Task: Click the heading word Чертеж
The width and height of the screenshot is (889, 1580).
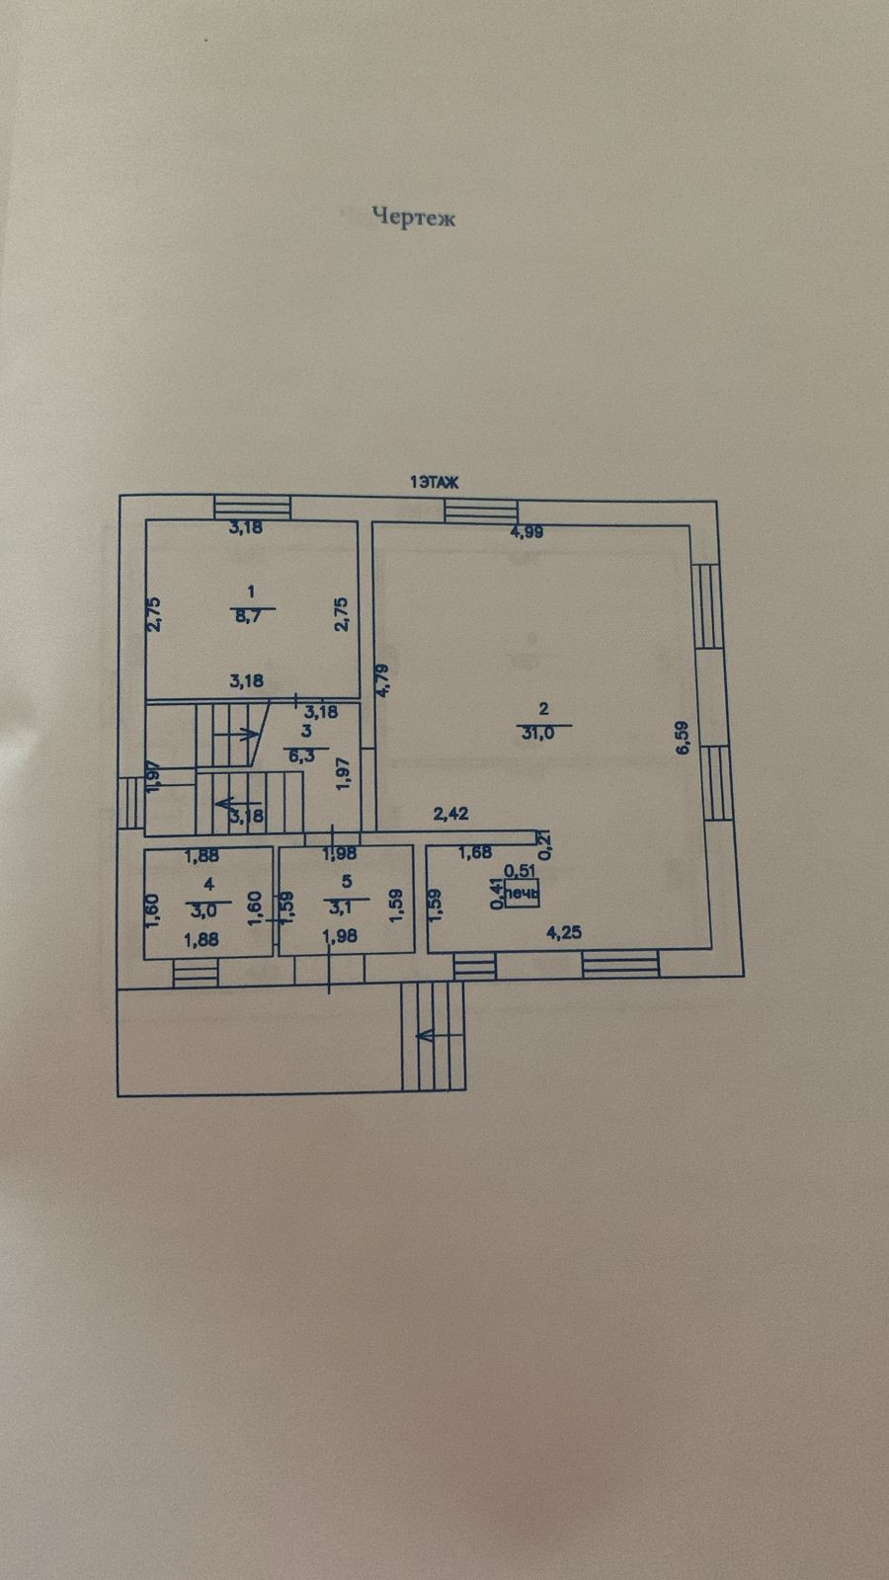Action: [x=414, y=217]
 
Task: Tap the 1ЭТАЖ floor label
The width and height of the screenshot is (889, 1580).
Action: [x=435, y=482]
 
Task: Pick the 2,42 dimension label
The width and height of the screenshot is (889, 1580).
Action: [x=451, y=814]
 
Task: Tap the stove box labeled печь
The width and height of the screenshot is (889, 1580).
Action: [x=522, y=896]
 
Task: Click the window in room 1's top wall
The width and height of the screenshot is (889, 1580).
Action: [x=254, y=507]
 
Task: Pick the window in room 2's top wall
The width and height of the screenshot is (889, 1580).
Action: [x=481, y=511]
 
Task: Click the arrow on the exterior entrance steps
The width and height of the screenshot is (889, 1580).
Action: [x=428, y=1035]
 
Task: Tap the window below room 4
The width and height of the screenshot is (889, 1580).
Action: [x=196, y=974]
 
